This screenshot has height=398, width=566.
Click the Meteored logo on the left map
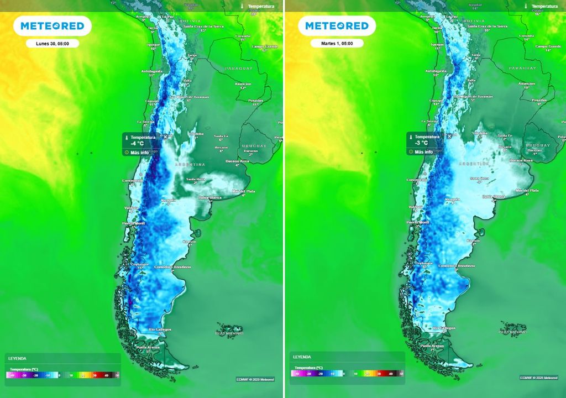[x=53, y=26]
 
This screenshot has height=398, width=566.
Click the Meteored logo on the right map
[x=337, y=26]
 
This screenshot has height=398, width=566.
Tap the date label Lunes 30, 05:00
[x=53, y=43]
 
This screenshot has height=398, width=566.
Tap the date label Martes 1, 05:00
[x=337, y=43]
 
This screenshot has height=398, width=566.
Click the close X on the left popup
[x=165, y=137]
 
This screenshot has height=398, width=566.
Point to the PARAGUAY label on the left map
[x=238, y=68]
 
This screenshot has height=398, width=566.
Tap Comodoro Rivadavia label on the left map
[x=174, y=267]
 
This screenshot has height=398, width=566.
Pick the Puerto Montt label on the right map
[x=417, y=222]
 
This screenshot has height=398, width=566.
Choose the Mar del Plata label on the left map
[x=243, y=191]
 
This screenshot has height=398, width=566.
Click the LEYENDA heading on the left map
[x=18, y=358]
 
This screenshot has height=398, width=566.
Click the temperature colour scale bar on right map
[x=347, y=374]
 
